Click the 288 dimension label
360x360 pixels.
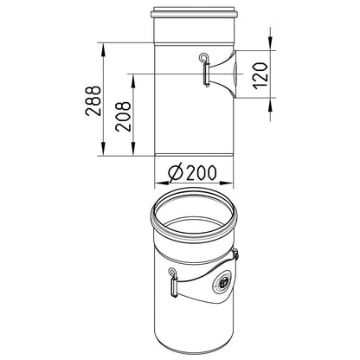93,100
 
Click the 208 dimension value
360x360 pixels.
123,117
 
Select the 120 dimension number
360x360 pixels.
261,75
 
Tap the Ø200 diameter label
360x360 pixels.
192,172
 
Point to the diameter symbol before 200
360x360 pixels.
176,173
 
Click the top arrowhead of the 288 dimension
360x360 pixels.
103,49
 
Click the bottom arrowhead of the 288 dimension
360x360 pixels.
103,150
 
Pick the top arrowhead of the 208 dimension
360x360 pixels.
133,80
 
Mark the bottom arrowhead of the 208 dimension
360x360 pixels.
133,150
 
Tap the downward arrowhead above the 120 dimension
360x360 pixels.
270,44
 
